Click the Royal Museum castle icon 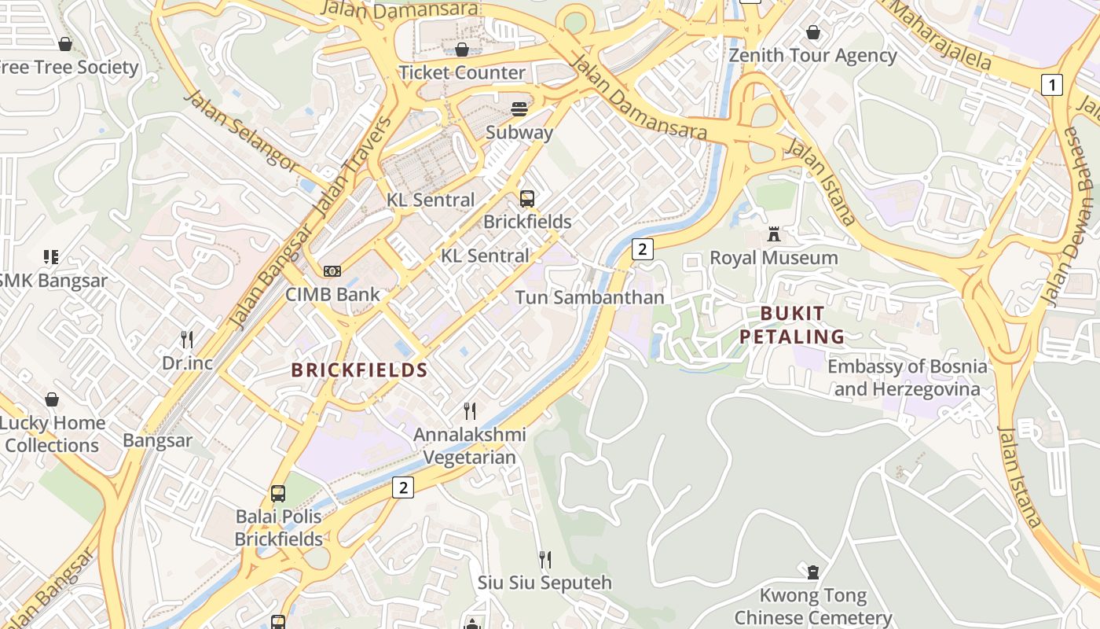click(774, 234)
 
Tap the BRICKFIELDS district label click(359, 370)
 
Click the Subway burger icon click(519, 109)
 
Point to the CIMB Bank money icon click(332, 271)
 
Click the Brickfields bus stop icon click(527, 199)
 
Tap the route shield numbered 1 click(1051, 84)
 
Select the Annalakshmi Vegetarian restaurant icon click(470, 410)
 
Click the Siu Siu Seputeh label click(544, 583)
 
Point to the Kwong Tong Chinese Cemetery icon click(813, 572)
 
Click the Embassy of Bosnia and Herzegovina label click(907, 377)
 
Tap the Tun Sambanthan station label click(589, 297)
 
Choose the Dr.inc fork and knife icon click(187, 340)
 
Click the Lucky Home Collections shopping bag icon click(52, 399)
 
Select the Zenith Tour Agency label click(812, 56)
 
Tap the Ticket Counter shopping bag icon click(462, 50)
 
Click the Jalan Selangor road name click(241, 131)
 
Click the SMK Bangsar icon click(51, 257)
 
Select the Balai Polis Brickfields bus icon click(278, 494)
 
